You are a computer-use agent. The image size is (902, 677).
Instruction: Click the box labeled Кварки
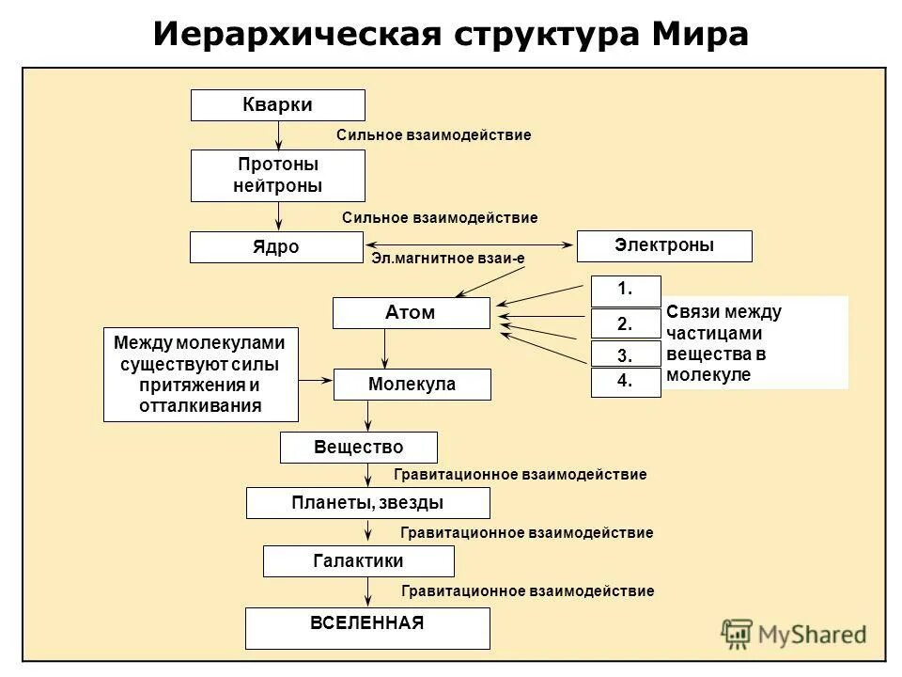pyautogui.click(x=277, y=105)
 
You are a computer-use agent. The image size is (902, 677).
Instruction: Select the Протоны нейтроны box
pyautogui.click(x=277, y=176)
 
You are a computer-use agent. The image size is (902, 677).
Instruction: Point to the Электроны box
pyautogui.click(x=663, y=245)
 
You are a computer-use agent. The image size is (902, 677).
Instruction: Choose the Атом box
pyautogui.click(x=411, y=313)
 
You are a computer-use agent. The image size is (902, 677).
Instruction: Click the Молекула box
pyautogui.click(x=412, y=385)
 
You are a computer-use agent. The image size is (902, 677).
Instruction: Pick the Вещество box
pyautogui.click(x=358, y=448)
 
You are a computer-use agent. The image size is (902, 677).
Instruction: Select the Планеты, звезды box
pyautogui.click(x=367, y=503)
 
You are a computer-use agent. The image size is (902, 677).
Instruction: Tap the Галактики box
pyautogui.click(x=358, y=561)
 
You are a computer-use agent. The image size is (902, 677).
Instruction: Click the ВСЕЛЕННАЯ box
pyautogui.click(x=367, y=627)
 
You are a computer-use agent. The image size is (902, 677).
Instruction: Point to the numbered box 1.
pyautogui.click(x=626, y=291)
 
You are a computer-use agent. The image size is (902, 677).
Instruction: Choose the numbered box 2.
pyautogui.click(x=626, y=323)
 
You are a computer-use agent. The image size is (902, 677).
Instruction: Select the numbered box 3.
pyautogui.click(x=626, y=354)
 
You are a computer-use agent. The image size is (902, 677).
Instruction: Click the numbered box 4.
pyautogui.click(x=626, y=382)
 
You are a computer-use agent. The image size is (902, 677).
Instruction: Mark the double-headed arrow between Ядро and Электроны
pyautogui.click(x=470, y=245)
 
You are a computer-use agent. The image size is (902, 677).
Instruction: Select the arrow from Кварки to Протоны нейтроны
pyautogui.click(x=278, y=135)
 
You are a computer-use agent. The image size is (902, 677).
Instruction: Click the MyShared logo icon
pyautogui.click(x=739, y=635)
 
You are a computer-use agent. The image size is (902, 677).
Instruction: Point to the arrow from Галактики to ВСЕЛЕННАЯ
pyautogui.click(x=367, y=591)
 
